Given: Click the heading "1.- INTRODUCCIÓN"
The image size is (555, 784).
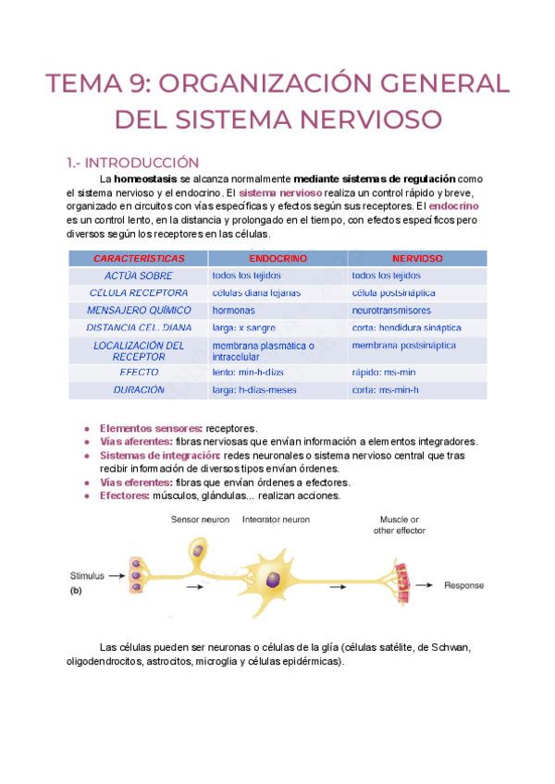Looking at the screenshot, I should [133, 162].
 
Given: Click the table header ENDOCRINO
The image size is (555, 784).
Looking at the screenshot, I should [278, 259].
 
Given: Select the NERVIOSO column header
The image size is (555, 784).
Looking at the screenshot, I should [417, 259].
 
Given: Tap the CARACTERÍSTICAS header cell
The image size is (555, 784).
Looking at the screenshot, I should [140, 259].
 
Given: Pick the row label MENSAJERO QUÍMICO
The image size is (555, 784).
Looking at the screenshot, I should [140, 311].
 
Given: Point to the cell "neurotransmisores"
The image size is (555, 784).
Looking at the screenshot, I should [391, 311].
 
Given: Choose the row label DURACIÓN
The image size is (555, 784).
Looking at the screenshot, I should [140, 390].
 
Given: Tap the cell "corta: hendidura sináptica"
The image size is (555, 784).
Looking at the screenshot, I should [406, 328].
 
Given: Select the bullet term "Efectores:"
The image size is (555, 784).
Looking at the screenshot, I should [123, 496].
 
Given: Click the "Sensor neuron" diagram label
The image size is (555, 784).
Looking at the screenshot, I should [201, 520].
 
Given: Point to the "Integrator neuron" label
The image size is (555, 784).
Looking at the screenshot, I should [276, 520].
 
